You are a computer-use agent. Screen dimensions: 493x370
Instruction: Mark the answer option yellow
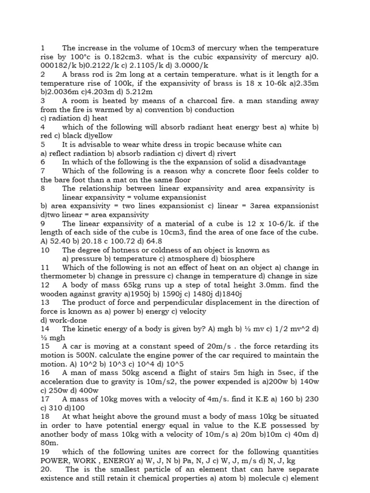pos(101,136)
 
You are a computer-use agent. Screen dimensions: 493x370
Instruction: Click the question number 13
pos(45,302)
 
